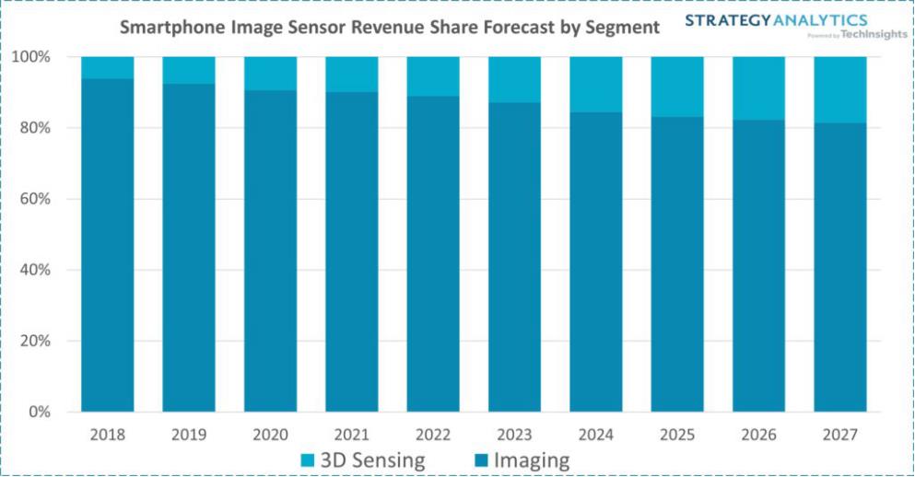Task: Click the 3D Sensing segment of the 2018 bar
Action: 108,67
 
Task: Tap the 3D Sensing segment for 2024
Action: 596,85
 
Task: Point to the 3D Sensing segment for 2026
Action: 759,88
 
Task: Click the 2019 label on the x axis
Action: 189,434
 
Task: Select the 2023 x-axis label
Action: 515,434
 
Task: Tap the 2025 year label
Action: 677,434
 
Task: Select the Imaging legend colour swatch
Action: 480,460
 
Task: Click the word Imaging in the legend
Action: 532,460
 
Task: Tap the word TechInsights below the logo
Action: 874,35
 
